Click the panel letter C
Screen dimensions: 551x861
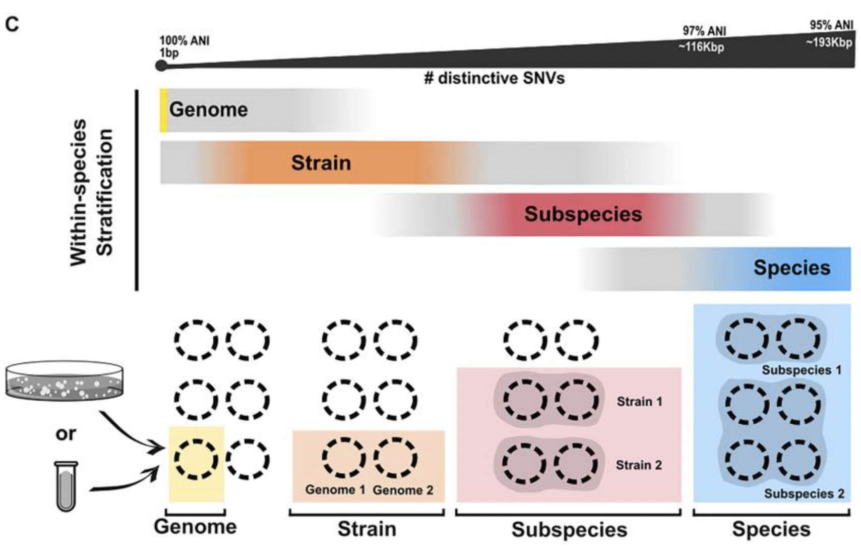[12, 24]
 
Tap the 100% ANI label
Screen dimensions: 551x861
[184, 41]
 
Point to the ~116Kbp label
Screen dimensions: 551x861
[701, 47]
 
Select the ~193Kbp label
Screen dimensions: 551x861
[829, 42]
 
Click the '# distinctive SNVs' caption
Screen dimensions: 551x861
[494, 78]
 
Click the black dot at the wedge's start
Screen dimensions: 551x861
[161, 66]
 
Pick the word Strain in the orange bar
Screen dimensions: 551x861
[321, 163]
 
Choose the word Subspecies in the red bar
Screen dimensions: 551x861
[583, 214]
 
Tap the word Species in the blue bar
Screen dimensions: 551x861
[791, 267]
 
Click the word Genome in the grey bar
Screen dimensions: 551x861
[208, 109]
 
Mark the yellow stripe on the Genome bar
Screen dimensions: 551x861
[163, 111]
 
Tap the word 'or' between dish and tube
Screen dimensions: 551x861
[66, 433]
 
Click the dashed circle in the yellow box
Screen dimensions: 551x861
[196, 459]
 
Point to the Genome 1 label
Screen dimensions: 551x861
[335, 489]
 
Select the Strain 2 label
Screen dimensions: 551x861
[639, 465]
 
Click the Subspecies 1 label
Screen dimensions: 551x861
[802, 370]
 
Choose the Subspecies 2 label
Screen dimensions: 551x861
[804, 493]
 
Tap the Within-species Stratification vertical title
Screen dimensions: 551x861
[91, 192]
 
